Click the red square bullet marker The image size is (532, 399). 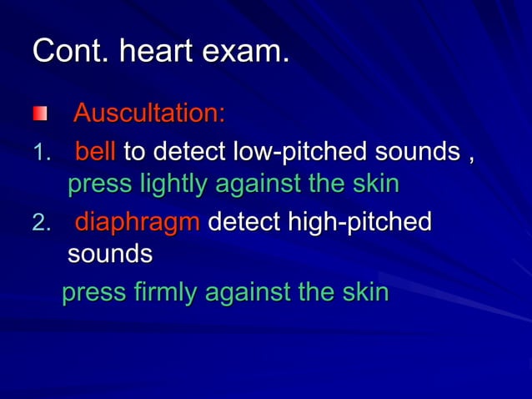tap(40, 113)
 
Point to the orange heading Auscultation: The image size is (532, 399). tap(149, 113)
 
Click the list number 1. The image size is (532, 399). tap(42, 154)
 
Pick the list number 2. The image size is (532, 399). tap(42, 224)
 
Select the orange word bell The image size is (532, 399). tap(95, 153)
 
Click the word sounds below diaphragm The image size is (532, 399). tap(109, 254)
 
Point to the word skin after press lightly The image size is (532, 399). tap(373, 184)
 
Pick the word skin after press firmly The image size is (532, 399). tap(364, 293)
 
